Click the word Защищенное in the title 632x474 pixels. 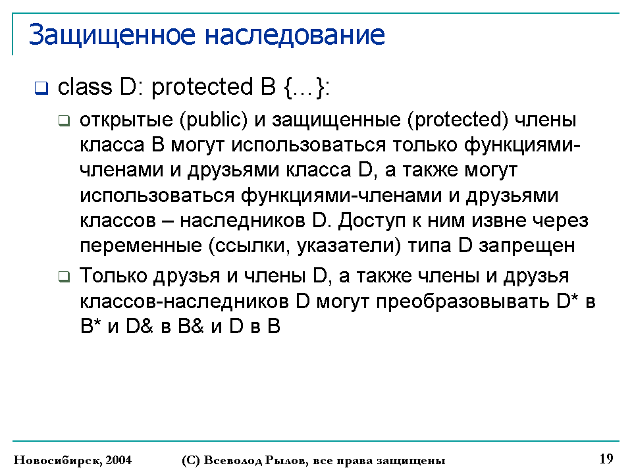tap(112, 36)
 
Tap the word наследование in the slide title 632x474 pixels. tap(295, 35)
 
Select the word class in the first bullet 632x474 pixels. tap(85, 87)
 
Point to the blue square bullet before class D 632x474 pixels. tap(41, 88)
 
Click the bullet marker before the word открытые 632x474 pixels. tap(64, 120)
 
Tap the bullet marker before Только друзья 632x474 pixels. tap(64, 276)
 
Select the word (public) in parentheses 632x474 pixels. tap(213, 120)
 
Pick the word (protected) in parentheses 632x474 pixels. tap(458, 120)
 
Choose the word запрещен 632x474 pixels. tap(527, 246)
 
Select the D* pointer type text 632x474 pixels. tap(567, 301)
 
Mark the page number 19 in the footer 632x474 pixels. tap(606, 459)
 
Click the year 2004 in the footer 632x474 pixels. tap(118, 460)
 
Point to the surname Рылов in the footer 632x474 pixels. tap(286, 460)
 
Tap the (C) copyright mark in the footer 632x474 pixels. tap(191, 460)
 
